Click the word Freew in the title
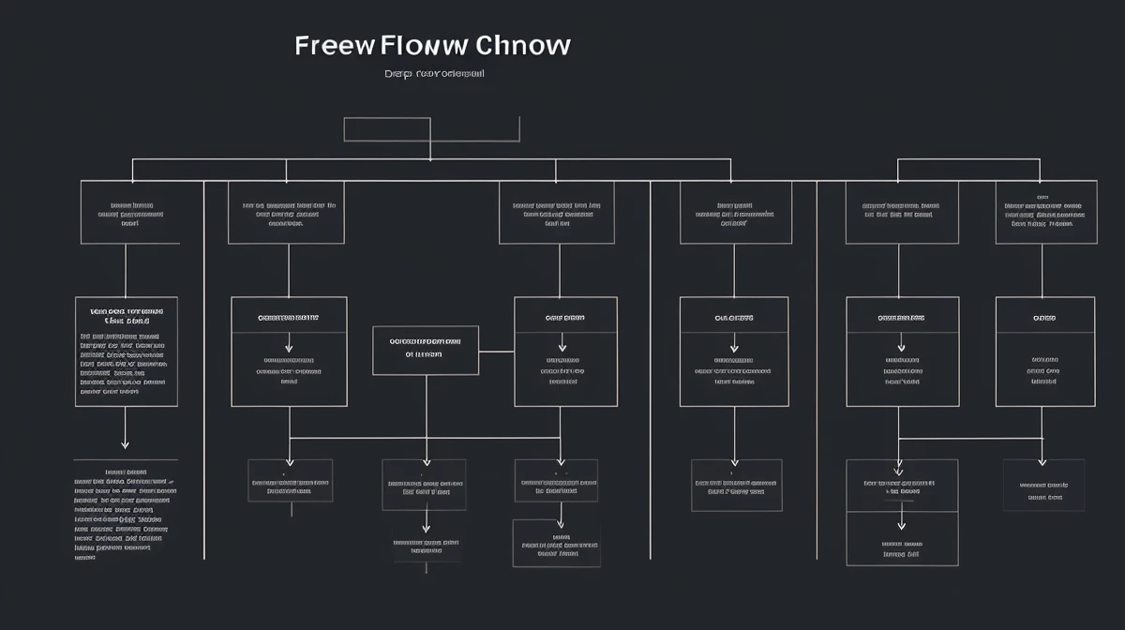pos(334,46)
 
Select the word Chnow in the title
pos(523,46)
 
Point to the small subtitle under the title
pos(433,73)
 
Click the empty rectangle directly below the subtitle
pos(386,129)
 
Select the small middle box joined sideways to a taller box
pos(426,350)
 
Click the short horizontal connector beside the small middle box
pos(496,352)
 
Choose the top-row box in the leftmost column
pos(129,213)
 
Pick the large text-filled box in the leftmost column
pos(127,352)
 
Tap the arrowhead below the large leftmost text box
pos(125,443)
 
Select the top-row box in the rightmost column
pos(1044,213)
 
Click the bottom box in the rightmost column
pos(1043,485)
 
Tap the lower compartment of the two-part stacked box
pos(902,539)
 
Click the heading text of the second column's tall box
pos(288,318)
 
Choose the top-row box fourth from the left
pos(735,213)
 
